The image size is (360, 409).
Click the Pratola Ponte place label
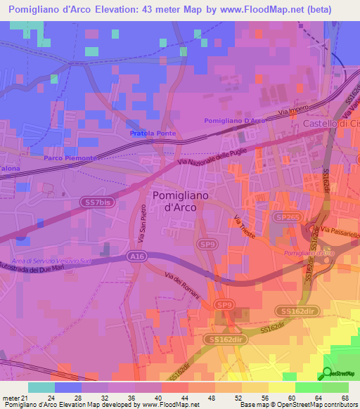pos(153,134)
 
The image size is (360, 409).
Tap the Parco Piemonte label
pos(68,158)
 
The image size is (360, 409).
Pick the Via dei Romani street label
pos(182,284)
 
